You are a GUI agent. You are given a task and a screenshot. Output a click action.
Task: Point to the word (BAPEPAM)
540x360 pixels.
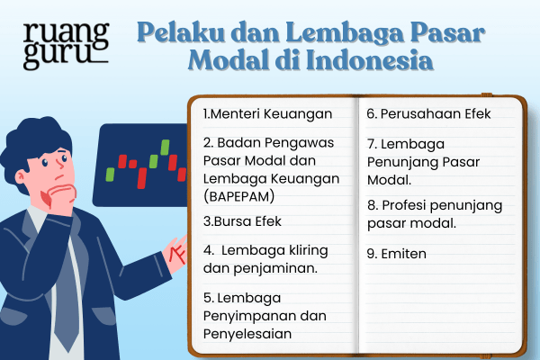tap(242, 195)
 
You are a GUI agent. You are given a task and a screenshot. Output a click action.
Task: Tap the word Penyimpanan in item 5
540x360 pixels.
tap(262, 316)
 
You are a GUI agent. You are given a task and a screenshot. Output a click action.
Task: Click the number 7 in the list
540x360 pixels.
tap(371, 143)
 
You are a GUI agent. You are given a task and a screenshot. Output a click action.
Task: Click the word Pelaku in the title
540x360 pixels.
tap(172, 34)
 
